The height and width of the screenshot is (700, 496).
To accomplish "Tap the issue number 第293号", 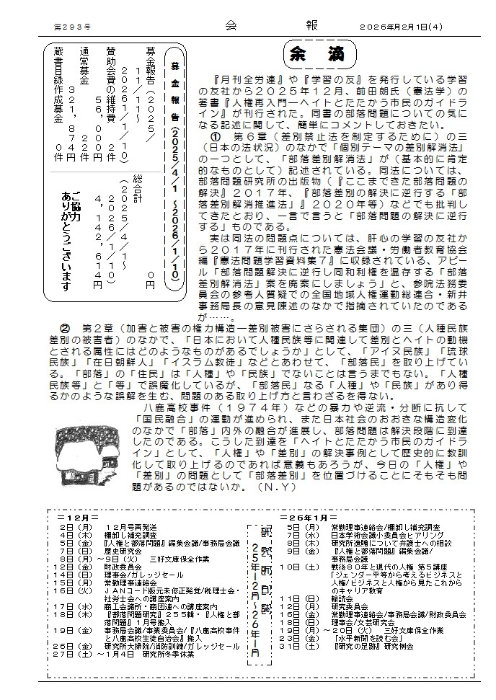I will point(70,26).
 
